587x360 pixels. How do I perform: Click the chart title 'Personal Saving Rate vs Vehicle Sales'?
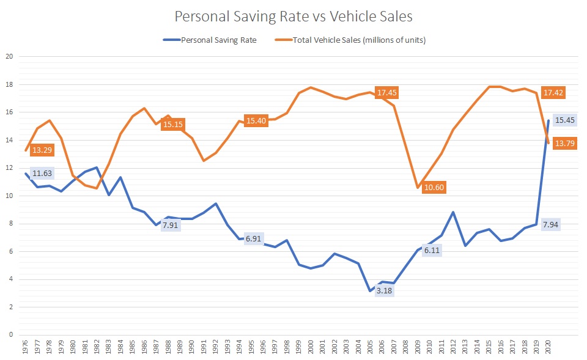293,17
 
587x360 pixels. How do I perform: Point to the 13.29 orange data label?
43,150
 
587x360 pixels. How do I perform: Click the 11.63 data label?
43,174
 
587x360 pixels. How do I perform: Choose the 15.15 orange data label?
173,125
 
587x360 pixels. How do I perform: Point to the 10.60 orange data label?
434,187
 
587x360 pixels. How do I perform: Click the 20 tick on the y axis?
10,57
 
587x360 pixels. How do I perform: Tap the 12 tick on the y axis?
10,168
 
